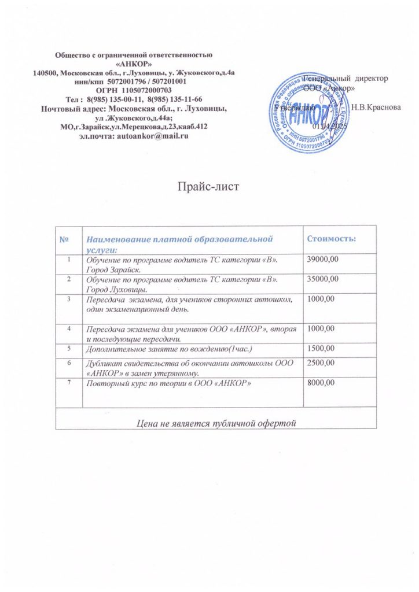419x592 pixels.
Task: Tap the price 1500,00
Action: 322,350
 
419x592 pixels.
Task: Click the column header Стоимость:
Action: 330,238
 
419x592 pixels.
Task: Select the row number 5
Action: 69,349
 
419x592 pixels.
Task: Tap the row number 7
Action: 69,383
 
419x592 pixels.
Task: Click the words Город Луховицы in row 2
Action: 115,289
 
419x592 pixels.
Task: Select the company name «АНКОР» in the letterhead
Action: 135,64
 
